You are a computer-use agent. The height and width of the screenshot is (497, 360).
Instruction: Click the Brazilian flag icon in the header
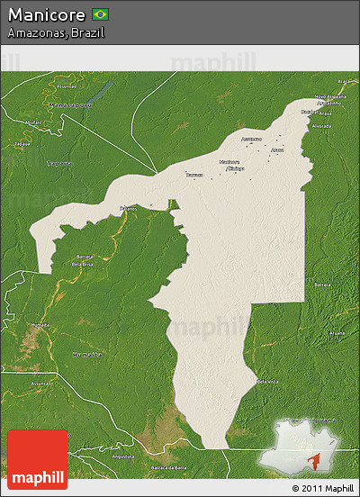(100, 14)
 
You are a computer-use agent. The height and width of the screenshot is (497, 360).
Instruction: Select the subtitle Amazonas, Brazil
(56, 32)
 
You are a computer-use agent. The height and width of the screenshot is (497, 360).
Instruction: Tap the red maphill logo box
(37, 459)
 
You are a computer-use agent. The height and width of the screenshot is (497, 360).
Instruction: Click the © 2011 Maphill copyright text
(321, 487)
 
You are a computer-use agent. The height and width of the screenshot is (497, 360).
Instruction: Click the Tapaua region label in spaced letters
(58, 164)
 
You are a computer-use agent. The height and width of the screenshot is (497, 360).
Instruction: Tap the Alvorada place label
(320, 126)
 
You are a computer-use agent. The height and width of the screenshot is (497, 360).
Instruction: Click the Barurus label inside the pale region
(193, 174)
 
